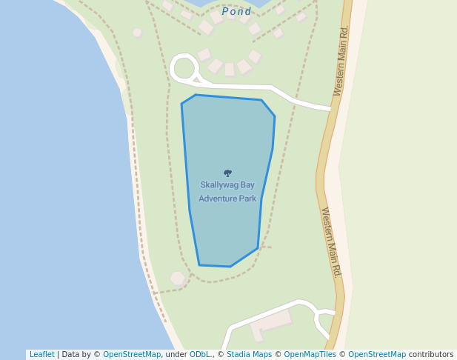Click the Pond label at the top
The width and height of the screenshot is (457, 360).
[237, 11]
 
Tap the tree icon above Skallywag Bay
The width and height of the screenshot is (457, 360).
[227, 173]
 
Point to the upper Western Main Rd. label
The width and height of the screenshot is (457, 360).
[341, 61]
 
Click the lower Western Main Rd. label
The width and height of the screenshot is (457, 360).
[331, 242]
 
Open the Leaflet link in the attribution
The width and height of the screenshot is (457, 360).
[41, 354]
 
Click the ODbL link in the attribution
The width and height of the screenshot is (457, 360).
[201, 354]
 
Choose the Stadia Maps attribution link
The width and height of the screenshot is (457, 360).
[249, 354]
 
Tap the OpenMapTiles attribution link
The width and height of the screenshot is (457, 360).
[309, 354]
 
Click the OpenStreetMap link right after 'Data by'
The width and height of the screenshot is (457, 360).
[131, 354]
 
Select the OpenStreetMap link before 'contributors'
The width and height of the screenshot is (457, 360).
[377, 354]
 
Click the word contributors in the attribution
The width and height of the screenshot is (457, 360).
[431, 354]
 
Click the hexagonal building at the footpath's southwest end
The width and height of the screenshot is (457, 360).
[177, 279]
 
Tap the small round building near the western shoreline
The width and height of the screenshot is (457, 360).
[137, 33]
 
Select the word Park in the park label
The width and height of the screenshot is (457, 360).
[247, 199]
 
